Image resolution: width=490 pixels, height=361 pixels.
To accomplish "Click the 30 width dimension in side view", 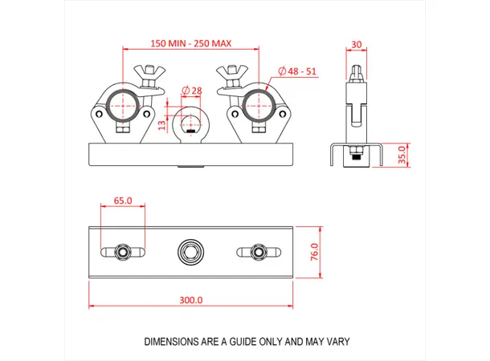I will (356, 46).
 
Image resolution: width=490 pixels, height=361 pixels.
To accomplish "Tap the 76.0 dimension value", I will (315, 252).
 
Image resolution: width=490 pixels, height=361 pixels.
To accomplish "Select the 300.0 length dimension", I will (190, 300).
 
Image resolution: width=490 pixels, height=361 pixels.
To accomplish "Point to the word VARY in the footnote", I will (338, 342).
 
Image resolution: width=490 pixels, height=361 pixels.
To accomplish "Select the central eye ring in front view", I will (190, 124).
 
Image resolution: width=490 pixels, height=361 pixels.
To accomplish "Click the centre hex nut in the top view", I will (190, 252).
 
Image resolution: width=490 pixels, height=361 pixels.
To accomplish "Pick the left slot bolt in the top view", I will (123, 252).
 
